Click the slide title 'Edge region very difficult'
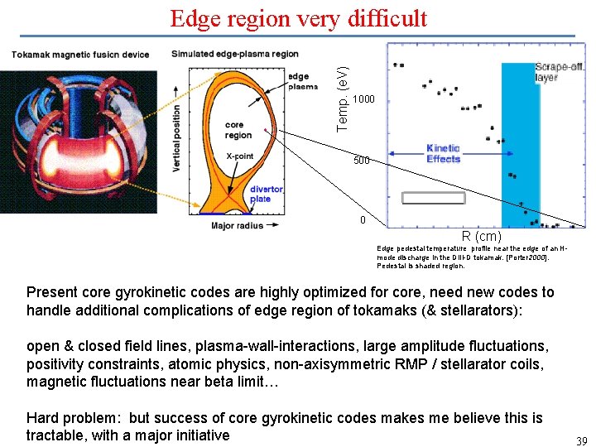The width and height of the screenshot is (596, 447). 298,18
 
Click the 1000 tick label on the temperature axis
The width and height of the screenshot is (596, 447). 363,99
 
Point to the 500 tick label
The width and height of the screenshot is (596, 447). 361,161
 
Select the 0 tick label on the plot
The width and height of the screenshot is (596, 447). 362,220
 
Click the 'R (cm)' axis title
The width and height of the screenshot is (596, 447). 481,236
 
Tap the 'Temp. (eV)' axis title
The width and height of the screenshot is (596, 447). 342,87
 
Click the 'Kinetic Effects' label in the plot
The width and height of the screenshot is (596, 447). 443,153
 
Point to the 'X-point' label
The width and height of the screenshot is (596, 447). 240,156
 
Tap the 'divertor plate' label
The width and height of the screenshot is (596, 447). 267,194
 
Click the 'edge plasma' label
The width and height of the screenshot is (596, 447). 302,81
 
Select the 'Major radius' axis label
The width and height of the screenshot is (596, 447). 237,225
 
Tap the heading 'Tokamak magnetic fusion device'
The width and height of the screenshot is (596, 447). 80,55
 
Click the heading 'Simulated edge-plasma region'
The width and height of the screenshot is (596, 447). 234,54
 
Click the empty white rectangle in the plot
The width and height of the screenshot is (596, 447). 433,198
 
